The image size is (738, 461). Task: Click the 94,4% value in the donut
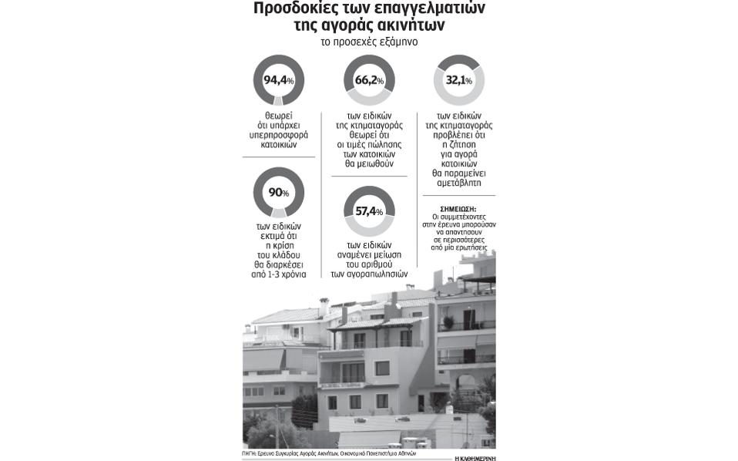click(x=278, y=79)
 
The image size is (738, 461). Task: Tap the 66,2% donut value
click(x=369, y=79)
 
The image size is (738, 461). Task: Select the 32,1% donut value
click(x=460, y=79)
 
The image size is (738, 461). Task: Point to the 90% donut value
click(x=278, y=192)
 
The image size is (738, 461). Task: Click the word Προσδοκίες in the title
click(x=295, y=9)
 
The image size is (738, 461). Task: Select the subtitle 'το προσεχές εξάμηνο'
click(x=369, y=42)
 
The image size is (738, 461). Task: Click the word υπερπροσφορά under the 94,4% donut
click(x=278, y=133)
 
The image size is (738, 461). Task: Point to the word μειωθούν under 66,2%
click(x=369, y=163)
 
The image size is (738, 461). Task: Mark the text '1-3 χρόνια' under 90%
click(x=278, y=274)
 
